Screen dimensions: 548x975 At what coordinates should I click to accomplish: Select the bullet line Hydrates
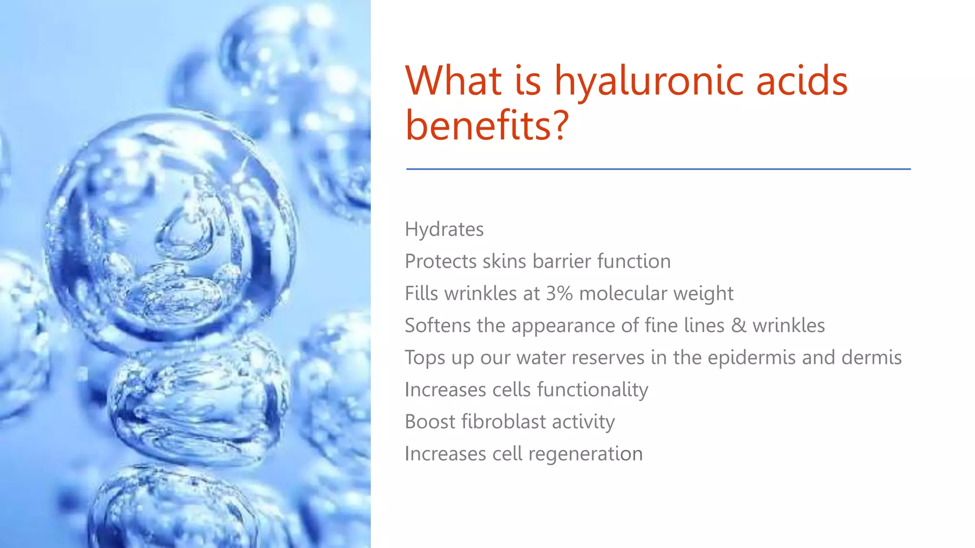point(444,229)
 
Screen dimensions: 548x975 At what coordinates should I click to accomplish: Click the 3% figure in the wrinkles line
point(559,294)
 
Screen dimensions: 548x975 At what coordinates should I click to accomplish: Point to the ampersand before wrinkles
point(738,326)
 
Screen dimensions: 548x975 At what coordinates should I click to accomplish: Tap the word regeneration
point(585,454)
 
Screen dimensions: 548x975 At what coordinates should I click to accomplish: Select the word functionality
point(593,390)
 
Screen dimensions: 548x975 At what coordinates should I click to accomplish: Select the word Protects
point(440,262)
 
